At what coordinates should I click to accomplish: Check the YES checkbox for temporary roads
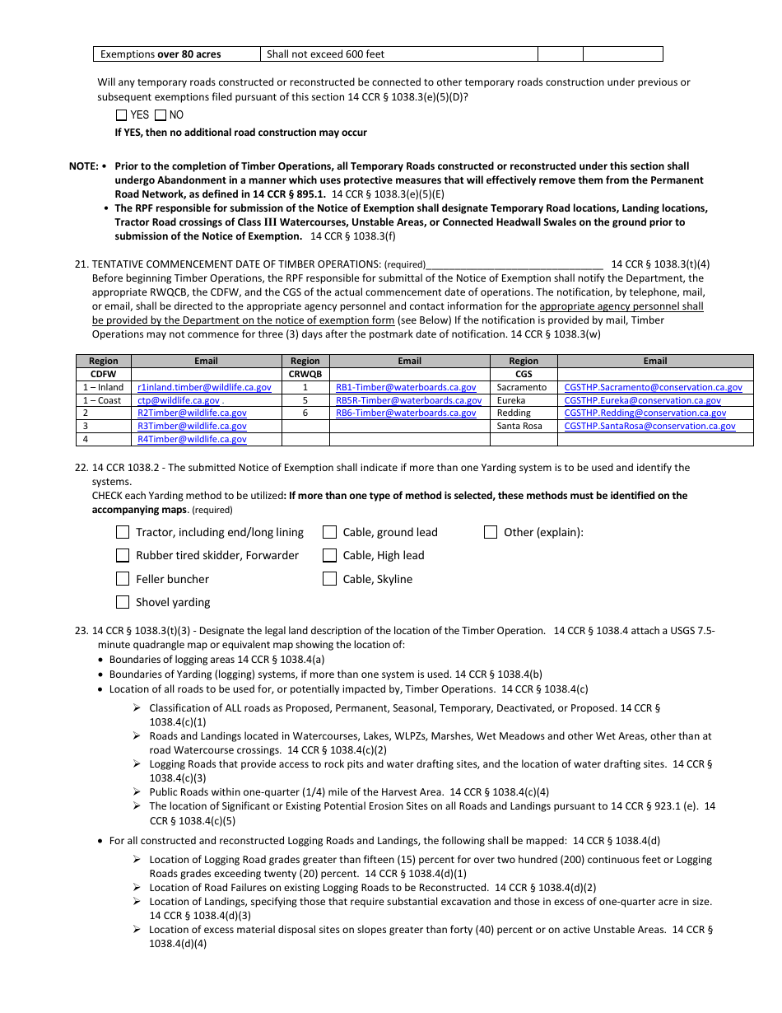[x=122, y=115]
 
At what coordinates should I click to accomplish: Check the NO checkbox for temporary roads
[x=161, y=115]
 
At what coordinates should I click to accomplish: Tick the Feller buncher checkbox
[x=123, y=579]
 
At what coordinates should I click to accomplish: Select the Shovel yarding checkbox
[x=123, y=602]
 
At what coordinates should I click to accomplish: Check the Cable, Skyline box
[x=329, y=579]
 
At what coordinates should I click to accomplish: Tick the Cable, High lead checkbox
[x=329, y=555]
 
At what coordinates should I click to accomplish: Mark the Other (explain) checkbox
[x=491, y=532]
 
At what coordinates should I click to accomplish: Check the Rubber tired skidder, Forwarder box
[x=123, y=555]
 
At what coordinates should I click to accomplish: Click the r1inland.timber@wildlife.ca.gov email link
[x=204, y=387]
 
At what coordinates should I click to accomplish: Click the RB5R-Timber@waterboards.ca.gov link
[x=409, y=400]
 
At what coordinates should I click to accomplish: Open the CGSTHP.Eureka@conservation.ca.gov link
[x=642, y=400]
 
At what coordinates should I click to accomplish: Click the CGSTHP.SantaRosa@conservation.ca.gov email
[x=649, y=427]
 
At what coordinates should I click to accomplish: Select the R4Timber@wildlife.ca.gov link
[x=192, y=440]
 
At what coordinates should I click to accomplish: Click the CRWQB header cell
[x=305, y=374]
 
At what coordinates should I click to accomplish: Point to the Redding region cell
[x=514, y=413]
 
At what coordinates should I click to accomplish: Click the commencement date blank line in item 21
[x=514, y=266]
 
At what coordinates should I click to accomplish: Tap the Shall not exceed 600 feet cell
[x=398, y=54]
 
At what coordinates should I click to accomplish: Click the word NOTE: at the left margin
[x=83, y=166]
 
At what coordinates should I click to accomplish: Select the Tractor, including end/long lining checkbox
[x=123, y=532]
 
